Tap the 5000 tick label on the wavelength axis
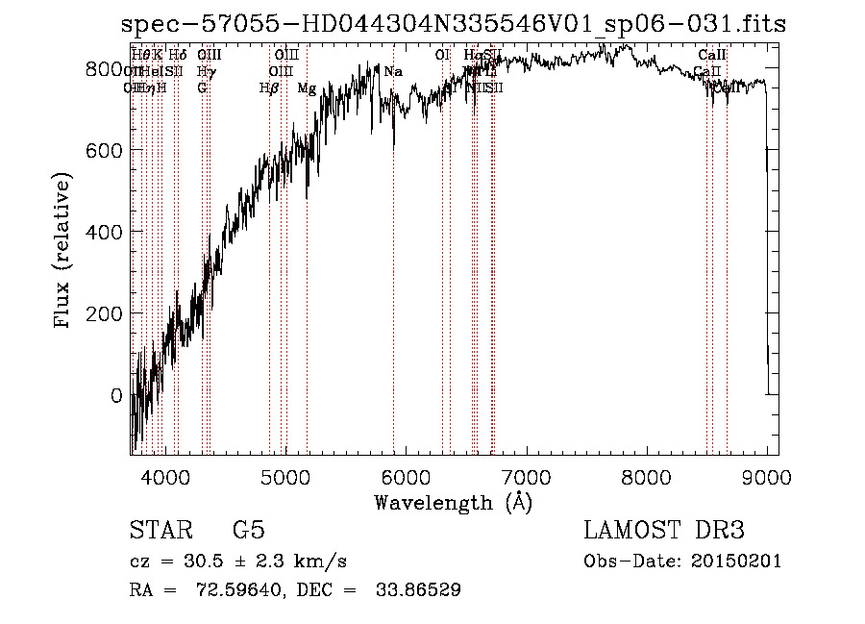(x=284, y=476)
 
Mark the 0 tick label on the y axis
(x=116, y=396)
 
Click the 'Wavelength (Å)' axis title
(x=453, y=502)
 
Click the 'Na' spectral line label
(x=393, y=72)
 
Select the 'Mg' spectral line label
(x=307, y=88)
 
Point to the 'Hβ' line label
(x=269, y=88)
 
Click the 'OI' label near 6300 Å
(x=442, y=56)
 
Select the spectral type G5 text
(x=248, y=531)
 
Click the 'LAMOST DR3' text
(x=663, y=531)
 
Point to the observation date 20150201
(x=734, y=562)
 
